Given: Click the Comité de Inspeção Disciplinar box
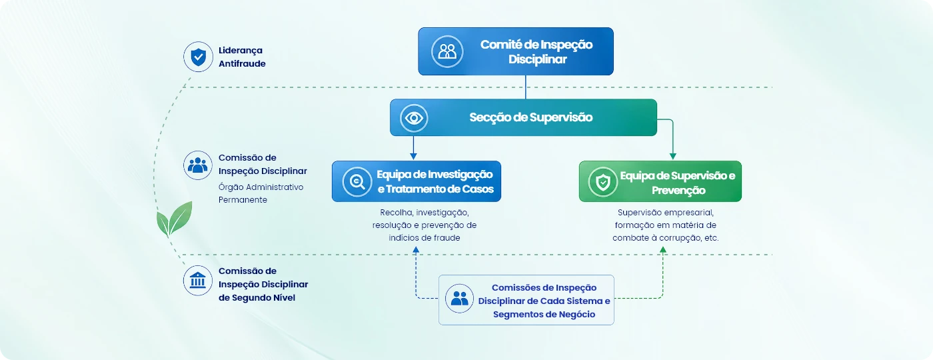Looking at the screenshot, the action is pos(516,51).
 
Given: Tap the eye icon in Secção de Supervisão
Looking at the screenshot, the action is pos(414,119).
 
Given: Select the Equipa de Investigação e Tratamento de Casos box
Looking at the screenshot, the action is pos(416,181).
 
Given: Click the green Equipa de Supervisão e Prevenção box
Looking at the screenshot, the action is pos(660,181).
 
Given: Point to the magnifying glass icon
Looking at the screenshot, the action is pos(357,181).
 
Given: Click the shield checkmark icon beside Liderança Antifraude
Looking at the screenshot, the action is pos(199,57).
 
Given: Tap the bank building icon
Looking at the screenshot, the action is pos(198,281).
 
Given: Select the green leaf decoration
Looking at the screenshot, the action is pos(174,219).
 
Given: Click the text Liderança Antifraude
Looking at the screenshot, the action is pos(242,57).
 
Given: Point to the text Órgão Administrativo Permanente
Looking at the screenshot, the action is pos(261,193).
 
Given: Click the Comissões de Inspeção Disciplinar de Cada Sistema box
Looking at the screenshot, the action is pos(526,300).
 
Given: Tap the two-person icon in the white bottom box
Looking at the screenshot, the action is pos(459,299).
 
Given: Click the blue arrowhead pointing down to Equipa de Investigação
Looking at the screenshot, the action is pos(413,156).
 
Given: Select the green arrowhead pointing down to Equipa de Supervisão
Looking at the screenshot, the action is pos(672,156).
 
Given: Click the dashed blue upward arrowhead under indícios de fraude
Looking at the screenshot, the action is pos(416,250).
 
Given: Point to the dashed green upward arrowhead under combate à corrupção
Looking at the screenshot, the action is pos(662,250).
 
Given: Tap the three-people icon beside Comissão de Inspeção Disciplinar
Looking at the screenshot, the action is pos(198,165).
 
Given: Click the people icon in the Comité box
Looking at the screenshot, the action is pos(447,52).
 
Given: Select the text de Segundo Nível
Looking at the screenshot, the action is pos(257,297).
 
